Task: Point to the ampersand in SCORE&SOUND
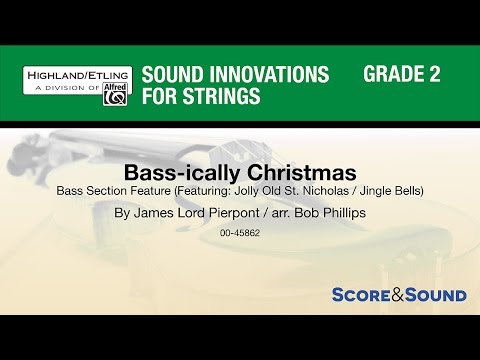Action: pyautogui.click(x=392, y=295)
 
